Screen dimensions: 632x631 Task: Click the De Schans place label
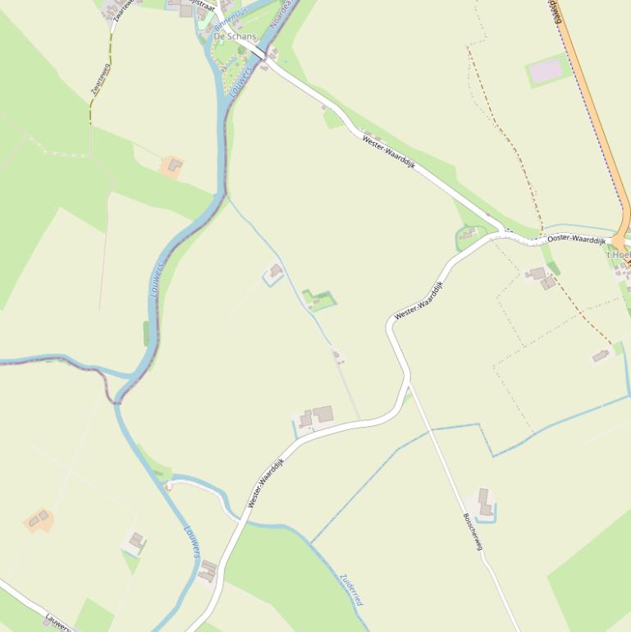pos(235,37)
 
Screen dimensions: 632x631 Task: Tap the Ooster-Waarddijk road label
pos(576,239)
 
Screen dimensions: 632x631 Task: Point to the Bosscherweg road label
pos(473,531)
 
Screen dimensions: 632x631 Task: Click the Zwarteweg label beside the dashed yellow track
pos(101,80)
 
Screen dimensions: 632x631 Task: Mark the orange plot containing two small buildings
pos(39,519)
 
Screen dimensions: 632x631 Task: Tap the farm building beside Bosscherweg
pos(484,501)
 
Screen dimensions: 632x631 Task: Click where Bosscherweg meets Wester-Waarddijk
pos(408,381)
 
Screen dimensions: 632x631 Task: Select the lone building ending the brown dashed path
pos(601,355)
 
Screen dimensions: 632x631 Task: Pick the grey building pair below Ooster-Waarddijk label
pos(542,277)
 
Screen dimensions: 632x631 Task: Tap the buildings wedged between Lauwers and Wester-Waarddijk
pos(208,570)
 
